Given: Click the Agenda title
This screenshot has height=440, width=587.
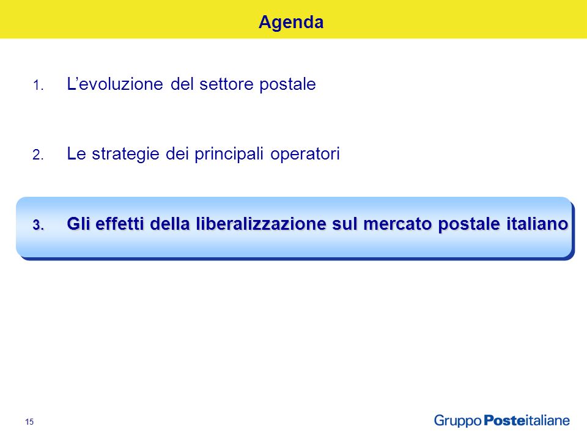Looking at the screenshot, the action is pos(291,23).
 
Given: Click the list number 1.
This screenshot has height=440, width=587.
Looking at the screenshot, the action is pos(38,86).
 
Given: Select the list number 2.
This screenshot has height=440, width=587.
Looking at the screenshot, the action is pos(38,155).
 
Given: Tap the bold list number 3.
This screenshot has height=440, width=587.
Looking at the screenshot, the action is pos(38,226).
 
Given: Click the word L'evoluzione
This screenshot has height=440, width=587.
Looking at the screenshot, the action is pos(115,84).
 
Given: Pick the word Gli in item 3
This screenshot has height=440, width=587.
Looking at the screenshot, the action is pos(79,224).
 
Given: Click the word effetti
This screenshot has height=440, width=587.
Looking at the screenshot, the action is pos(120,224).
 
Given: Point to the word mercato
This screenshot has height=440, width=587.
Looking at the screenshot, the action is pos(397,224).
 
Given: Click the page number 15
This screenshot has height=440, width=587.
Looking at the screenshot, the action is pos(29,422).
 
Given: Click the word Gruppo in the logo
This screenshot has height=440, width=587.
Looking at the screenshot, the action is pos(458,421).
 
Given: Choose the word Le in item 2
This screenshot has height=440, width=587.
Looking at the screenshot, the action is pos(76,154).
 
